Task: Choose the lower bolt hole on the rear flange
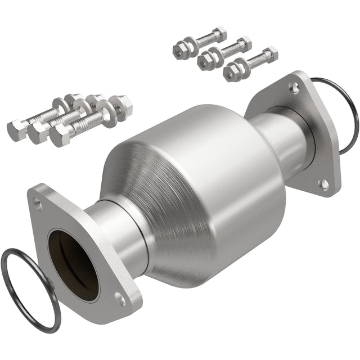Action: (323, 183)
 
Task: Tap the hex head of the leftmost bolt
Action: (15, 129)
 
